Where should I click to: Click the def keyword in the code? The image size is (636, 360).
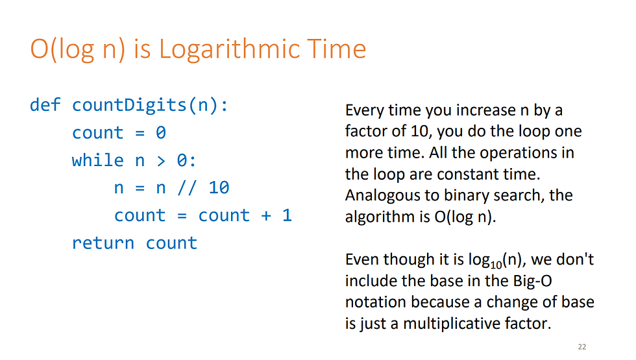tap(45, 104)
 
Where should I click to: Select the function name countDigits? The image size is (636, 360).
tap(129, 105)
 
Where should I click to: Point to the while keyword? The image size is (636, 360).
tap(98, 160)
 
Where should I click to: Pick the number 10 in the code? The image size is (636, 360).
tap(219, 187)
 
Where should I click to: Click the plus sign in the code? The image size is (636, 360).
tap(266, 215)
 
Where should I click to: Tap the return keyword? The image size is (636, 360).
tap(103, 243)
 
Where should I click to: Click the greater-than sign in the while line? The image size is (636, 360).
tap(161, 161)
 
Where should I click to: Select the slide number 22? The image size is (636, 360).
tap(582, 346)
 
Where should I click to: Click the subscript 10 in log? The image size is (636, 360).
tap(496, 265)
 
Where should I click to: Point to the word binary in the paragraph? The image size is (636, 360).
tap(466, 196)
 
